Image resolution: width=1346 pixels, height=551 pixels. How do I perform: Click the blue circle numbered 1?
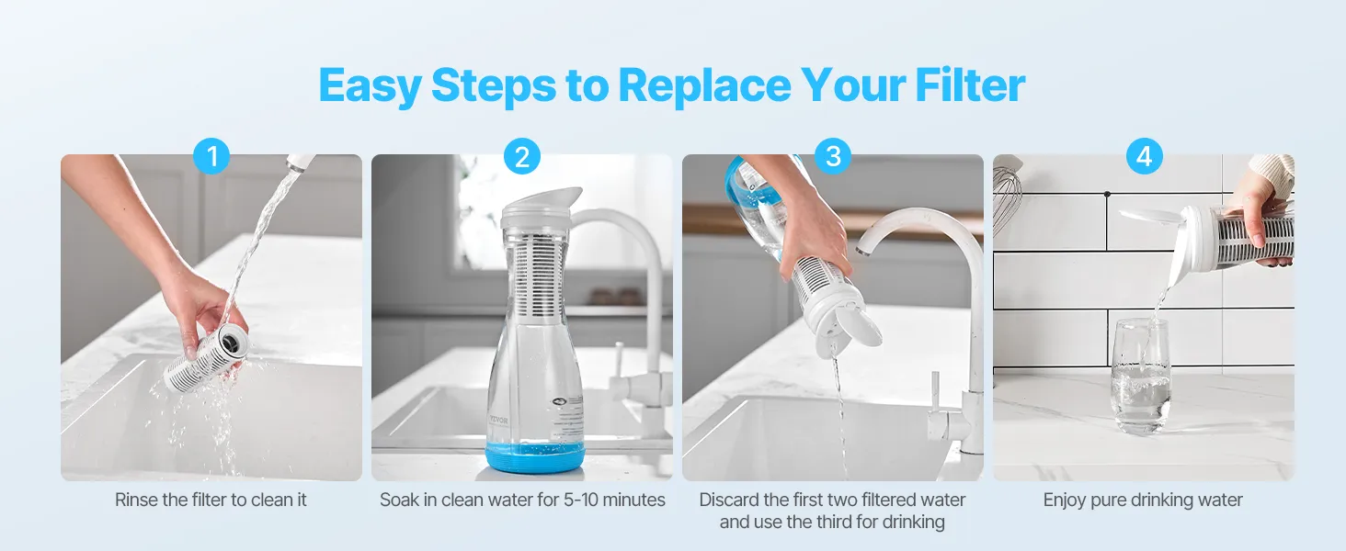(211, 156)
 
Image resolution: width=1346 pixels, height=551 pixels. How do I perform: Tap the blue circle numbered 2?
(522, 156)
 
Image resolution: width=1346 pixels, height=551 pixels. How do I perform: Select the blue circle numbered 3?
(834, 156)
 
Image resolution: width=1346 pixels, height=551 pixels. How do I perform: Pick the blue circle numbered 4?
(1144, 156)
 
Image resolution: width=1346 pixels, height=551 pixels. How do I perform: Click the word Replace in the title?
(704, 85)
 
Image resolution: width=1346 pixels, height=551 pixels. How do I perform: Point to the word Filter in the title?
(970, 84)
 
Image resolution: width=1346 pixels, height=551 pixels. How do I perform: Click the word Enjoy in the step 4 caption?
(1063, 500)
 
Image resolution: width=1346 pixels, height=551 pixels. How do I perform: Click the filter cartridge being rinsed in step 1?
(203, 358)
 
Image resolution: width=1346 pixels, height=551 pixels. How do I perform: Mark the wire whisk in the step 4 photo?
(1007, 198)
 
